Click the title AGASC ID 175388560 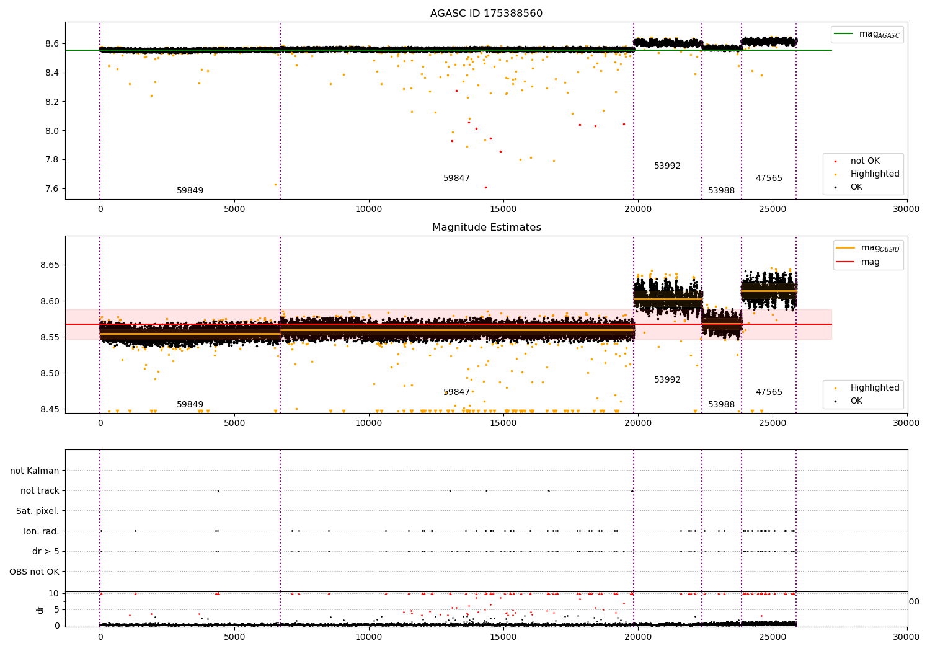[486, 13]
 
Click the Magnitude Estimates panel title [487, 227]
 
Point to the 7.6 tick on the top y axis [52, 188]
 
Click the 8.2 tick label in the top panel [52, 102]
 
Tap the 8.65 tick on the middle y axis [50, 265]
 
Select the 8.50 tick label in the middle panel [50, 373]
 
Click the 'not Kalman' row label [35, 471]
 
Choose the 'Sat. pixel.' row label [37, 511]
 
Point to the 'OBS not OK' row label [34, 572]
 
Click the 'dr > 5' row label [46, 551]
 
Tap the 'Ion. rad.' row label [41, 531]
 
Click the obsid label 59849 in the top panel [190, 190]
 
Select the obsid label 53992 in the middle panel [667, 379]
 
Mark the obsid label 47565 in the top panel [769, 178]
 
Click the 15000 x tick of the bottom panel [503, 637]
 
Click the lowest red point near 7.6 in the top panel [485, 188]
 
